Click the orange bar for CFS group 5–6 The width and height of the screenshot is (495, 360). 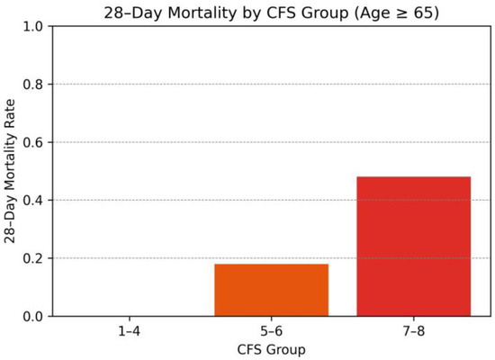pyautogui.click(x=271, y=290)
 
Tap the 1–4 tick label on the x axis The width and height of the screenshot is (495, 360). pyautogui.click(x=129, y=331)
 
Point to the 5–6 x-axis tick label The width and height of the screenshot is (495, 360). pyautogui.click(x=271, y=331)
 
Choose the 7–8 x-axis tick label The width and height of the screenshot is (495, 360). pyautogui.click(x=413, y=331)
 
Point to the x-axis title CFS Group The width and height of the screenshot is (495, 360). pyautogui.click(x=271, y=348)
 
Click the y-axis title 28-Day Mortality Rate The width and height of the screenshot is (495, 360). pyautogui.click(x=11, y=171)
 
